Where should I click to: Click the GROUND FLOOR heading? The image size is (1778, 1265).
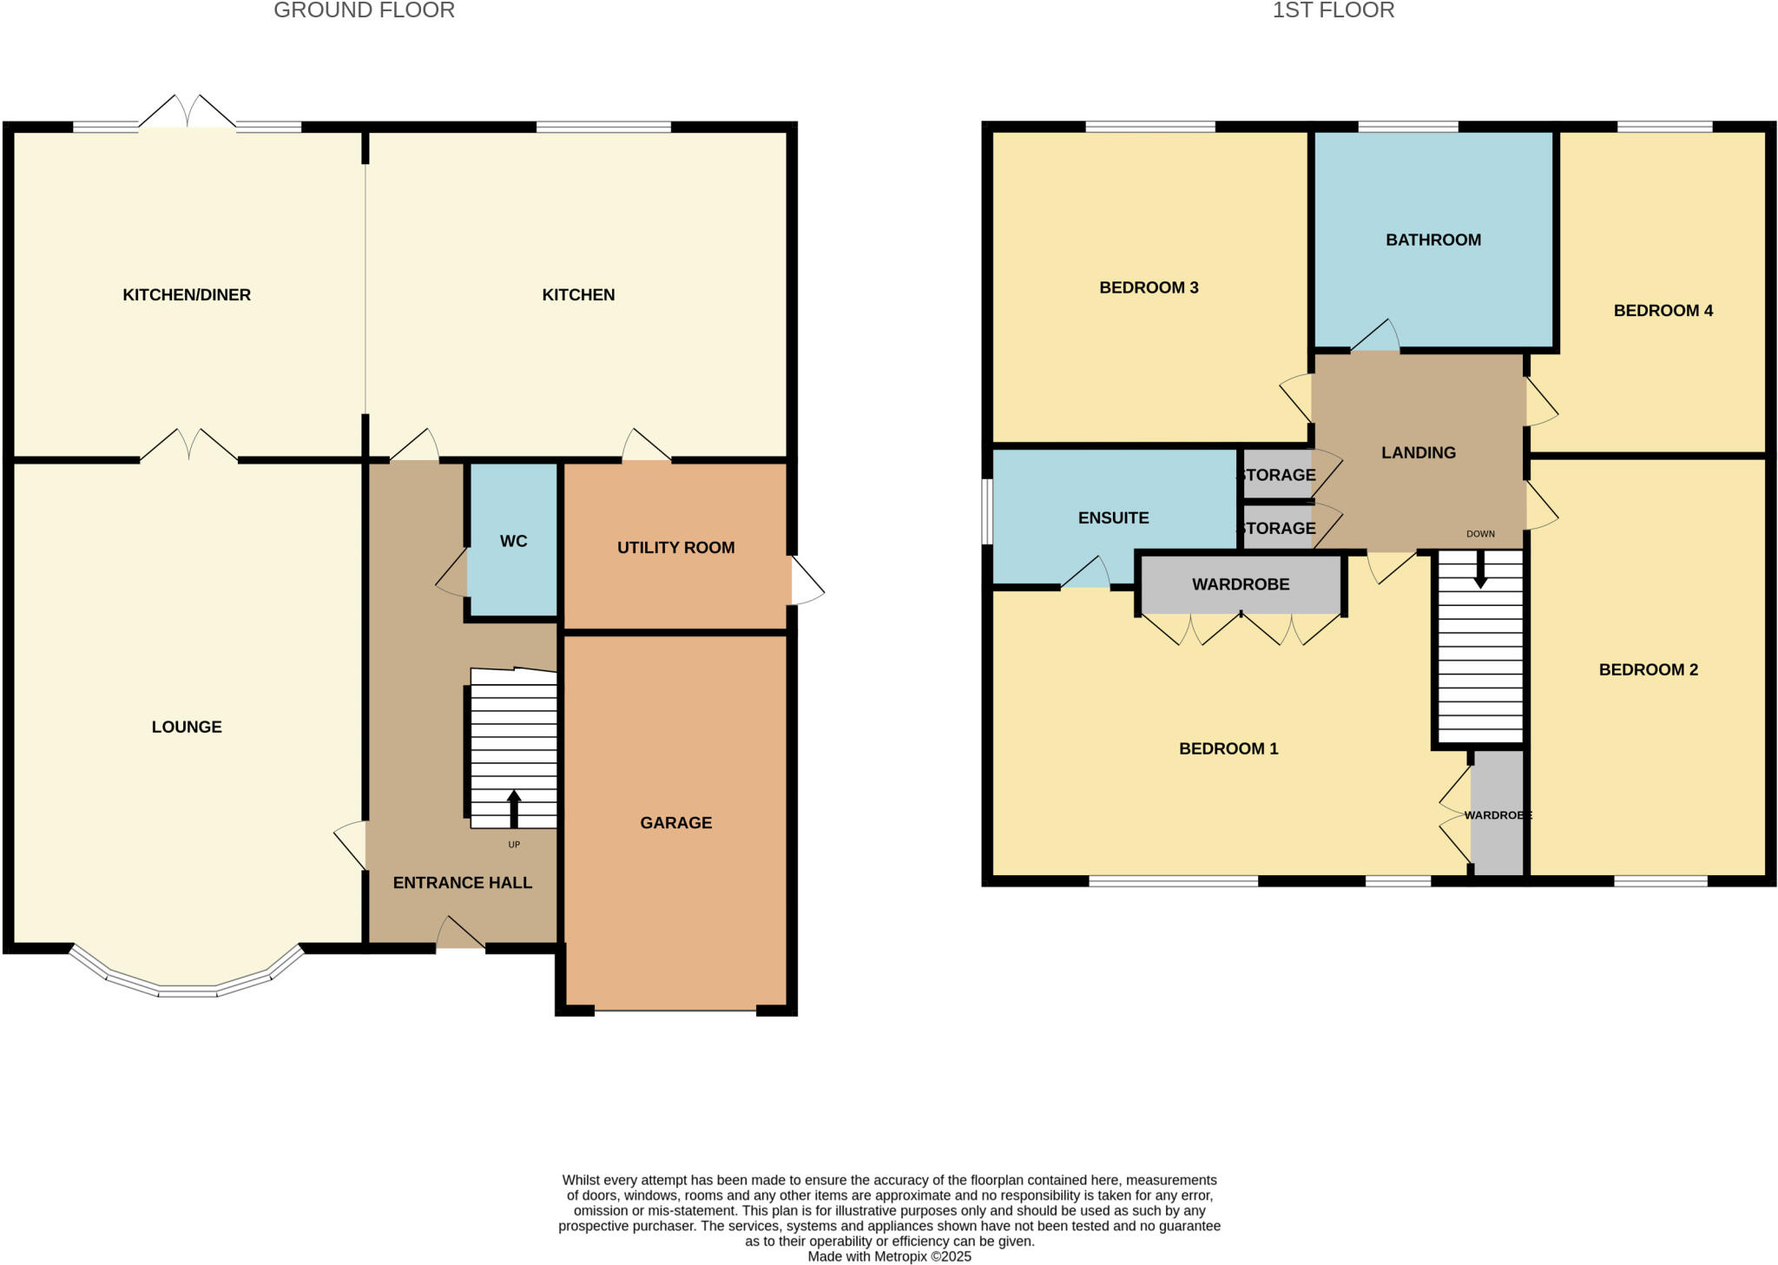pos(364,10)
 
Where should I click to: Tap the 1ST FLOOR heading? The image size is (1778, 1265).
pos(1333,10)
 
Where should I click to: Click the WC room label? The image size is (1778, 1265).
pos(513,541)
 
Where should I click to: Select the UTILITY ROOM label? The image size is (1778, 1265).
pos(675,548)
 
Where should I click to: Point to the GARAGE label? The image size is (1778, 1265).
pos(675,822)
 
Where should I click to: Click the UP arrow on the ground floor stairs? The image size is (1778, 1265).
pos(514,807)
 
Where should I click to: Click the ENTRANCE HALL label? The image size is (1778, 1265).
pos(462,882)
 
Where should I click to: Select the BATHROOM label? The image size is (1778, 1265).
pos(1432,240)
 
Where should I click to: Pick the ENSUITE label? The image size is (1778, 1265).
pos(1113,517)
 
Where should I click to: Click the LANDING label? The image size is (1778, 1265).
pos(1418,452)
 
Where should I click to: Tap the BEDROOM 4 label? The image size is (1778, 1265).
pos(1663,310)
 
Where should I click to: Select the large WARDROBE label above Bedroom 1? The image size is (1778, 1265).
pos(1240,584)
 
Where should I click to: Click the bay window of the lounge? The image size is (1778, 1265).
pos(187,990)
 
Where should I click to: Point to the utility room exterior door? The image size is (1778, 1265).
pos(806,582)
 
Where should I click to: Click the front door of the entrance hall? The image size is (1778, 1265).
pos(460,936)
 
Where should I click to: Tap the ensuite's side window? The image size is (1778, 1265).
pos(987,511)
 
